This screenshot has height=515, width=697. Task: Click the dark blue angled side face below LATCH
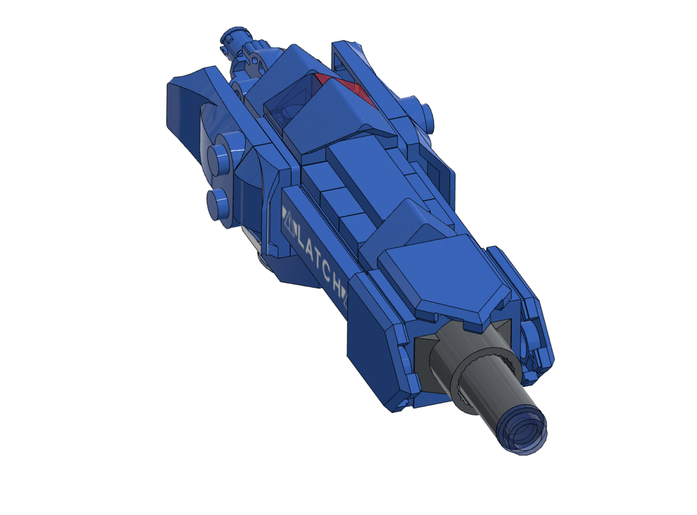click(x=372, y=343)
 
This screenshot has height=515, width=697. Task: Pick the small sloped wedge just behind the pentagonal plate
click(x=409, y=223)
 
